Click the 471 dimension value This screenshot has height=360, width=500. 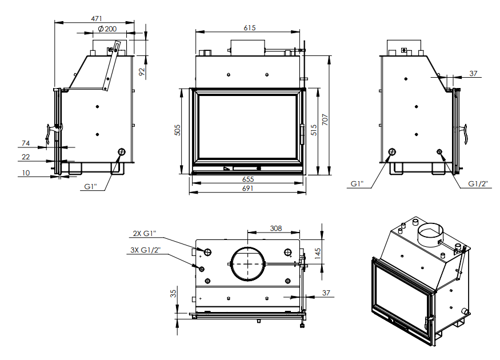(97, 18)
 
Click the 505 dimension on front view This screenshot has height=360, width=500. (177, 131)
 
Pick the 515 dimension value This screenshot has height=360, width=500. (313, 131)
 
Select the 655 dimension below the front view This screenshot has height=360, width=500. (248, 179)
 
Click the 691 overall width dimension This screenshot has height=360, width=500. (248, 189)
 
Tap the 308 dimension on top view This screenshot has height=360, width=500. (276, 229)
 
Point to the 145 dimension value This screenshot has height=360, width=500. (318, 251)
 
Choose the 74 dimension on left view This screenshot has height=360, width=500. (26, 143)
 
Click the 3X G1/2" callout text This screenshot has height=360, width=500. (145, 250)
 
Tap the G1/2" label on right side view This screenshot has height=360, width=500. (478, 183)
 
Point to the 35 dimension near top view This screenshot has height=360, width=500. (173, 294)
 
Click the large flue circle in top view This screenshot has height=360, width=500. (247, 263)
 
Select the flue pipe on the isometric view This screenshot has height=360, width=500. (430, 233)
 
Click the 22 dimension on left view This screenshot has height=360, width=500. (26, 157)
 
